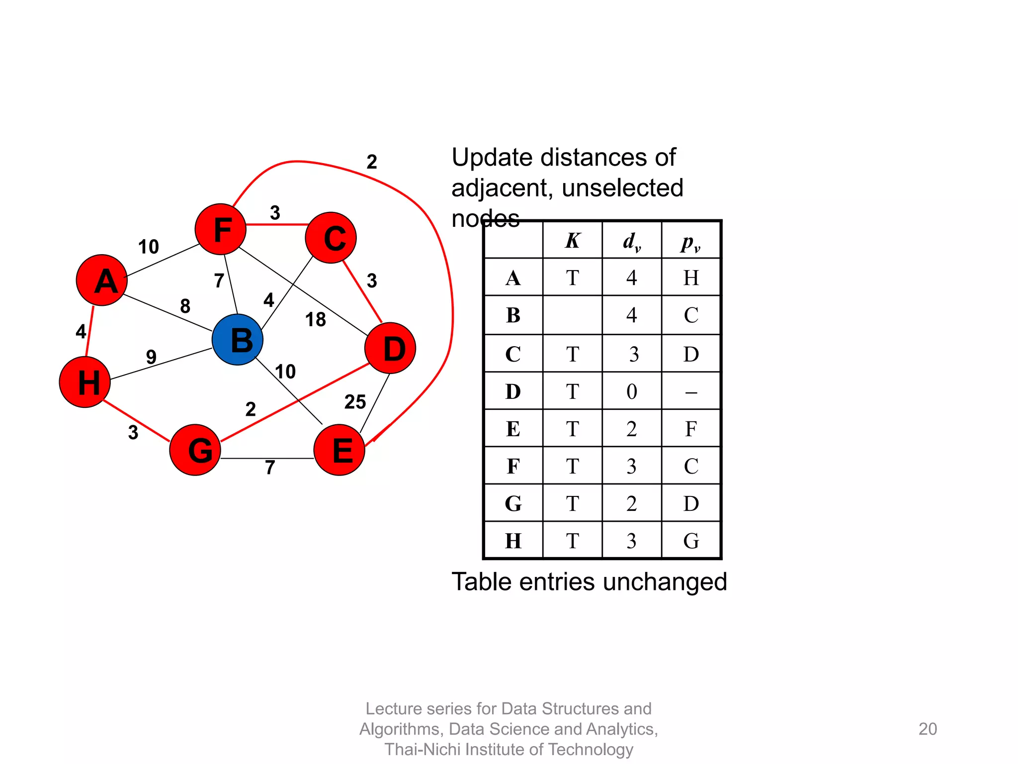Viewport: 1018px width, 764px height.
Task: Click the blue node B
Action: coord(238,340)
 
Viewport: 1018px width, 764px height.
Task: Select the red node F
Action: coord(221,229)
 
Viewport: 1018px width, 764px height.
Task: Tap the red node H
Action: coord(85,382)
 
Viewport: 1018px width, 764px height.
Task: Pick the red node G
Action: coord(195,450)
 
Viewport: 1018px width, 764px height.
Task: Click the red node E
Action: coord(339,450)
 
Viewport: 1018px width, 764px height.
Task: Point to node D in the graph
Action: coord(390,348)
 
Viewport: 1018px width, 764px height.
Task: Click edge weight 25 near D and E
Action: coord(355,402)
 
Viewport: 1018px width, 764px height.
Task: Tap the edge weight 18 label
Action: coord(316,319)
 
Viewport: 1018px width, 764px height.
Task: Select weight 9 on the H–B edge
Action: coord(151,357)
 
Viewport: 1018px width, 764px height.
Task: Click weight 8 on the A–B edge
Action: coord(185,306)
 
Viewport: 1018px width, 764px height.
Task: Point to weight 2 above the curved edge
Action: coord(372,162)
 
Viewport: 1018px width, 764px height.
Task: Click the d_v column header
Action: coord(632,241)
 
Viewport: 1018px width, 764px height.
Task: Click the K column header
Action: coord(573,241)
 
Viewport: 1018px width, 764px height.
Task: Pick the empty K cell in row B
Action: coord(573,315)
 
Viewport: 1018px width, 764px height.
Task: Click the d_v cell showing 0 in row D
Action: coord(632,391)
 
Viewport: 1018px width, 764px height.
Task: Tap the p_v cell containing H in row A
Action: coord(691,278)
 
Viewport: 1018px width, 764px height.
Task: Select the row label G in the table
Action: coord(513,503)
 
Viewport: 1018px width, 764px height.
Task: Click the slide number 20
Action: coord(928,729)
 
